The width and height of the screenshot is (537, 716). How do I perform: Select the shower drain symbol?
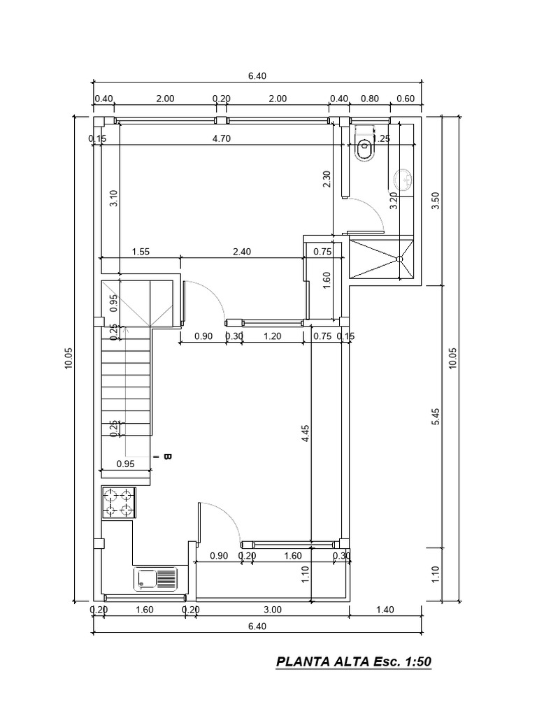click(x=401, y=259)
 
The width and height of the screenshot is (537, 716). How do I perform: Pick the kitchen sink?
click(x=157, y=578)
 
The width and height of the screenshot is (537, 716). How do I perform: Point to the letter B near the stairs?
click(x=167, y=457)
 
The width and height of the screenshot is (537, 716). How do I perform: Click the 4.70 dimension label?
click(x=221, y=138)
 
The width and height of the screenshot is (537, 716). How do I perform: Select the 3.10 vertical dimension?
click(x=114, y=199)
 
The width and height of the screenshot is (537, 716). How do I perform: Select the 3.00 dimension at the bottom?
click(x=273, y=610)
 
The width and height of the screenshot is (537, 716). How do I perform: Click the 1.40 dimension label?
click(x=385, y=610)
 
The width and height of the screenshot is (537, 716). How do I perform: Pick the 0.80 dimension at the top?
click(x=369, y=99)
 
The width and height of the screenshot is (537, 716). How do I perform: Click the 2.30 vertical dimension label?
click(x=327, y=180)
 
